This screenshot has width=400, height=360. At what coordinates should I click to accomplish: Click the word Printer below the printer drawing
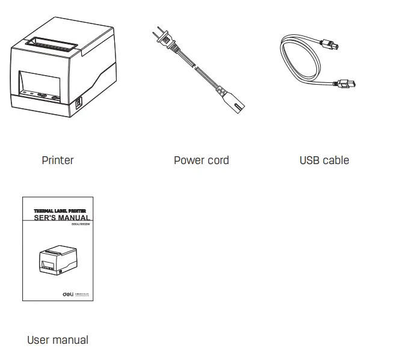[58, 160]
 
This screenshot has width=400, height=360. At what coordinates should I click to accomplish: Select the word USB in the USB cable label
[310, 160]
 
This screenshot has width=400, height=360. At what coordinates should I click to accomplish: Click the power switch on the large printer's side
[78, 103]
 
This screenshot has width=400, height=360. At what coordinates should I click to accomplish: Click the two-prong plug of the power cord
[161, 38]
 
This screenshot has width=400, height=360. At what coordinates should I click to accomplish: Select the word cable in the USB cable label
[336, 160]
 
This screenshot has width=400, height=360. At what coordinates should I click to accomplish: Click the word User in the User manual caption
[37, 340]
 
